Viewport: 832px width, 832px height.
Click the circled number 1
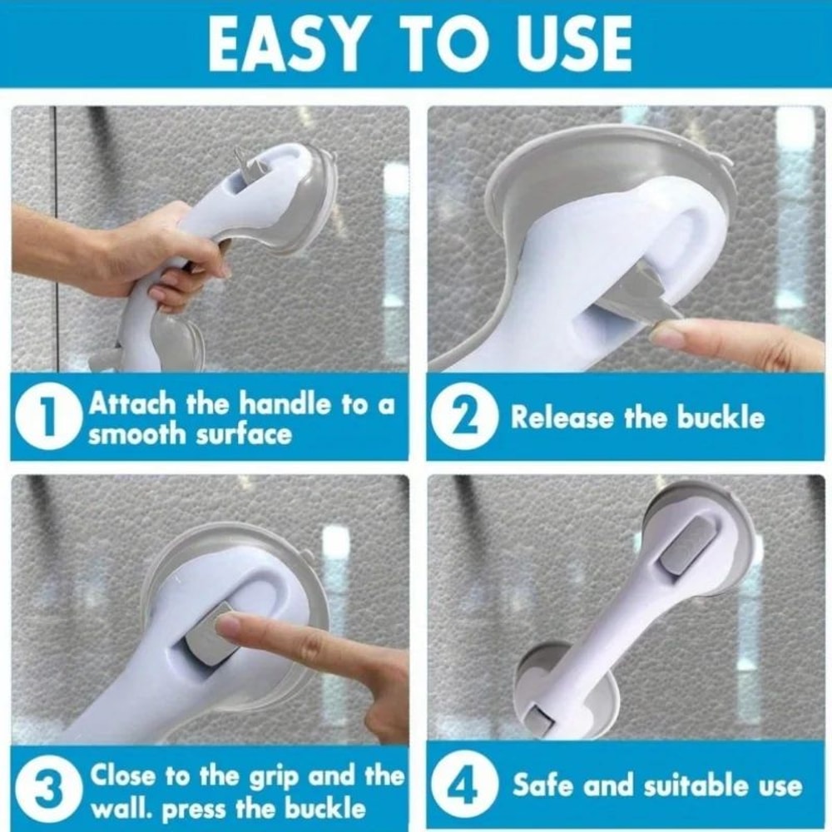[49, 418]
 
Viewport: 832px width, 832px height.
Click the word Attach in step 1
[132, 404]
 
